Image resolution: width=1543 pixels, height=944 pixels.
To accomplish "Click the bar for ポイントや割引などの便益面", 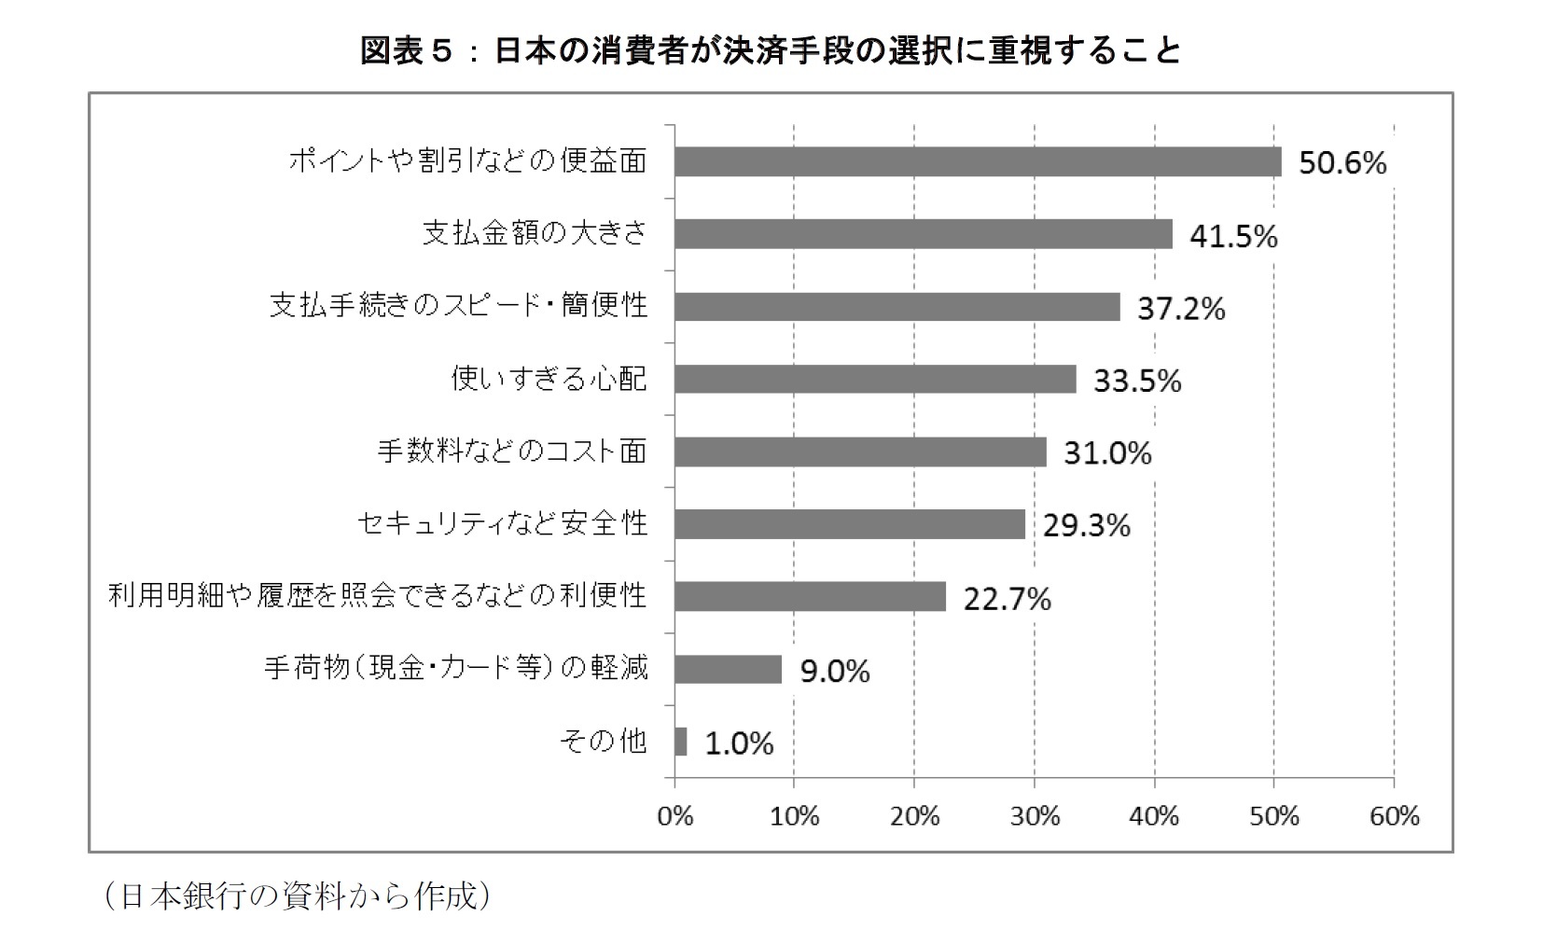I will (977, 161).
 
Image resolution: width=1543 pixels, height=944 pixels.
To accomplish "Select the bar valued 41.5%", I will (923, 234).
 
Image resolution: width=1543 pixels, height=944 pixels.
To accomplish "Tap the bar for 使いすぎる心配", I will (874, 379).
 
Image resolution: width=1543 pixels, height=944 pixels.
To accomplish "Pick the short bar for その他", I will (681, 742).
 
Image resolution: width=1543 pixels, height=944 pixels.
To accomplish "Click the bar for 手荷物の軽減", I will (728, 669).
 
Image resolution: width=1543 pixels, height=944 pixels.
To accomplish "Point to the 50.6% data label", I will (1342, 164).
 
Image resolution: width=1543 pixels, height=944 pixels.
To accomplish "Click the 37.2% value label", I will (1180, 309).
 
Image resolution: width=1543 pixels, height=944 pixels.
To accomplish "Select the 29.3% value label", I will (1086, 526).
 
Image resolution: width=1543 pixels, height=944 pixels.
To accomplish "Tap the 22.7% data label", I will (1007, 599).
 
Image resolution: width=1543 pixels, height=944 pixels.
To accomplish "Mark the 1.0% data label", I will (739, 743).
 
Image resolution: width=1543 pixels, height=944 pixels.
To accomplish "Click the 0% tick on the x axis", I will (674, 817).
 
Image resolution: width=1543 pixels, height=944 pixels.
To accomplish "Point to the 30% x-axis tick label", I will (1035, 817).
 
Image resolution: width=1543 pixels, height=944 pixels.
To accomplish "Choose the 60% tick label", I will (1395, 817).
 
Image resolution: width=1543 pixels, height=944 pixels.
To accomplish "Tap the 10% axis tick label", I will (794, 817).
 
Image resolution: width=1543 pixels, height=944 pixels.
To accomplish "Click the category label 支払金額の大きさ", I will (535, 233).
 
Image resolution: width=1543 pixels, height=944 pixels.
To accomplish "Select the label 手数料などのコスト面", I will (511, 451).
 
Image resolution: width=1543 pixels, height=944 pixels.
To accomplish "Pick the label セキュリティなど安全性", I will (502, 523).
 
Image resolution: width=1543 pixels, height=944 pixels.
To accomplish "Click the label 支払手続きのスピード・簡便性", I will (458, 306).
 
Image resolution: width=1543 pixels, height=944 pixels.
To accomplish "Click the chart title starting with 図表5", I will (771, 50).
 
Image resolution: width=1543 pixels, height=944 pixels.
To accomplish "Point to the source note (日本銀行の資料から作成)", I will (296, 896).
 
